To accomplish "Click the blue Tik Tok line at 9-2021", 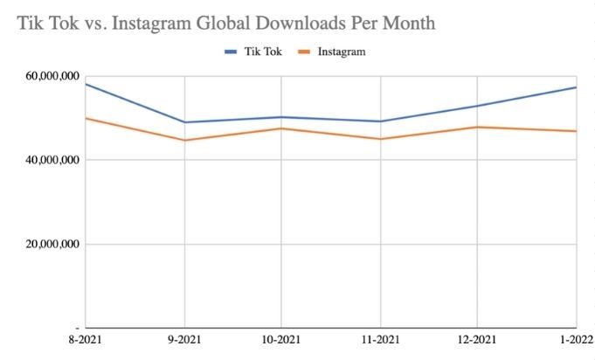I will [184, 122].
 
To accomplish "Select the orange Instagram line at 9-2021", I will [184, 140].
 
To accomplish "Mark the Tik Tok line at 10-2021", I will [281, 117].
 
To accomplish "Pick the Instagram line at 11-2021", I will [380, 139].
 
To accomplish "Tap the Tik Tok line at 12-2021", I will [477, 107].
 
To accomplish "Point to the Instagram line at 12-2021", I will [477, 127].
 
